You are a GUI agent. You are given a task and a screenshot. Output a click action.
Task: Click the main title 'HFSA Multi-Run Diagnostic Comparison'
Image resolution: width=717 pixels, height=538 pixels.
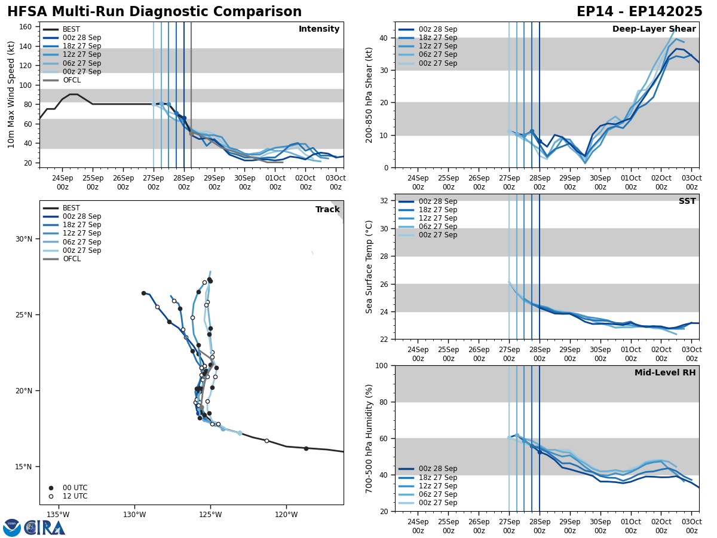pos(154,12)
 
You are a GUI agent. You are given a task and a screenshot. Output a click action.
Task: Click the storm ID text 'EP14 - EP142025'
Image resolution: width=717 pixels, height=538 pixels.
pos(639,12)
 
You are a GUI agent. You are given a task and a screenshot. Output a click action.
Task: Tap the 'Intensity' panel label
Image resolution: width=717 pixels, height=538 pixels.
pos(319,29)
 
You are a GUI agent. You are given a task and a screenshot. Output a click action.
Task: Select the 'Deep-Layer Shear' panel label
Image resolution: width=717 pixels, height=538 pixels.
pos(654,29)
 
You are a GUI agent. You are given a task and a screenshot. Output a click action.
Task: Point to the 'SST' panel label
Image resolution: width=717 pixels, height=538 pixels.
pos(687,201)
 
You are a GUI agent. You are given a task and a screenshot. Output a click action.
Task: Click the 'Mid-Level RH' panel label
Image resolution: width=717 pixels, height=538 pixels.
pos(665,373)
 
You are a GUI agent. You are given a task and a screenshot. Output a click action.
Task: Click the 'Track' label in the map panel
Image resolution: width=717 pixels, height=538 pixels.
pos(327,210)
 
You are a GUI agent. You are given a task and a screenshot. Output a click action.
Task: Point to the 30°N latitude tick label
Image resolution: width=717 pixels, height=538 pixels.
pos(24,239)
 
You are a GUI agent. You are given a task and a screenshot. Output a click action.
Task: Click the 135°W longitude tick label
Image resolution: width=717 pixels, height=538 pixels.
pos(58,514)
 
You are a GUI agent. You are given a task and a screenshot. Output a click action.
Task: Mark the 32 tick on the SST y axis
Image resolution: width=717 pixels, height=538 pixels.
pos(385,201)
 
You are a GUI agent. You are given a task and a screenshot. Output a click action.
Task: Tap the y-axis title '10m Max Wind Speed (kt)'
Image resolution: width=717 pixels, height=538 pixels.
pos(11,94)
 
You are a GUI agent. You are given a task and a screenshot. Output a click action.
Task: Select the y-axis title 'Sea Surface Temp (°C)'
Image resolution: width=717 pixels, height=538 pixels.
pos(369,267)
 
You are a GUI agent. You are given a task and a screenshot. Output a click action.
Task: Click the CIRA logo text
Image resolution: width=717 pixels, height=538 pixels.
pos(45,528)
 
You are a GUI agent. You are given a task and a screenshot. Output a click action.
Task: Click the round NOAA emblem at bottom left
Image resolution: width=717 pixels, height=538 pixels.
pos(11,528)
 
